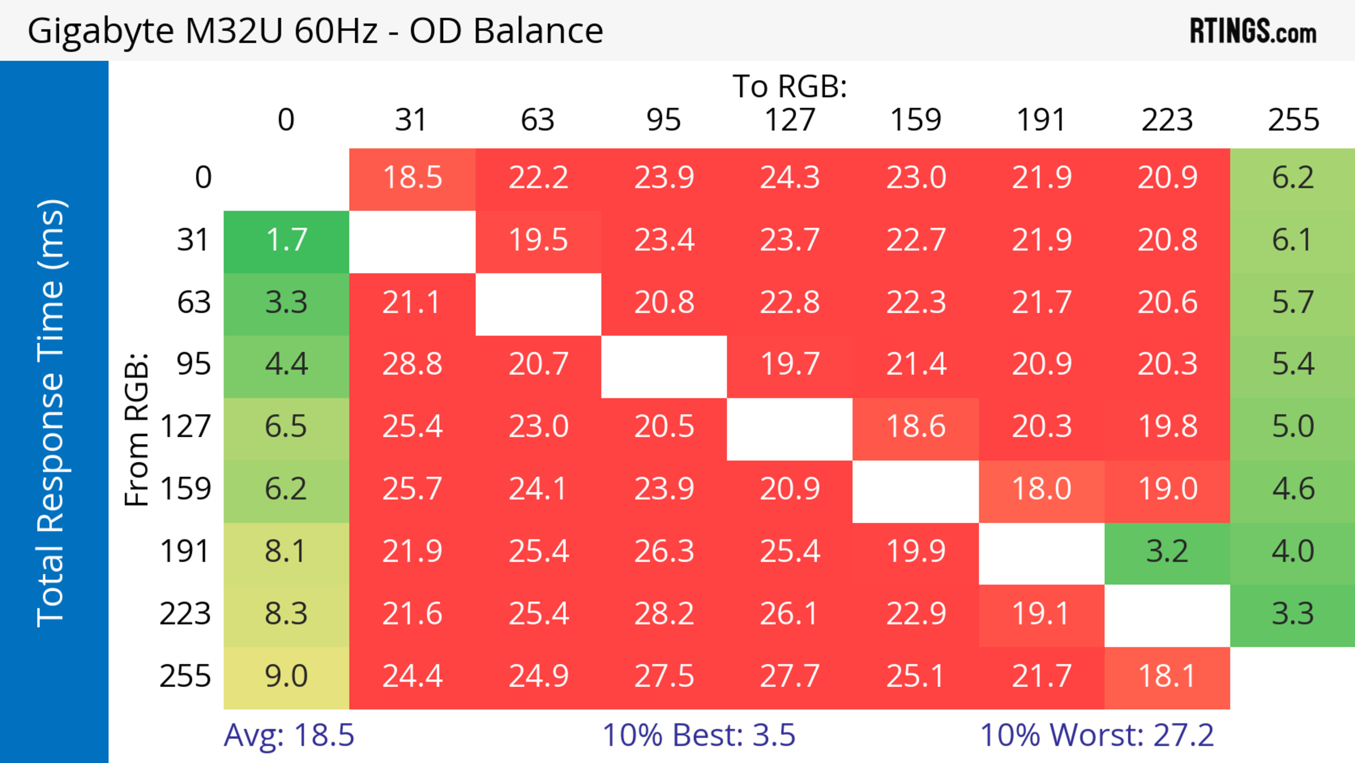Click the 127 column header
point(790,120)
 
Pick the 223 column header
point(1167,120)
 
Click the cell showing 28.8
point(412,364)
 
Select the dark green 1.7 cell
point(286,240)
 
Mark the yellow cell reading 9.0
point(286,676)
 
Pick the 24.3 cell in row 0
point(790,178)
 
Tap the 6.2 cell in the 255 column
point(1293,178)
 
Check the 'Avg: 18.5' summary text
point(289,735)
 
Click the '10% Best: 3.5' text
point(699,735)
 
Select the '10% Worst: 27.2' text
point(1097,735)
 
